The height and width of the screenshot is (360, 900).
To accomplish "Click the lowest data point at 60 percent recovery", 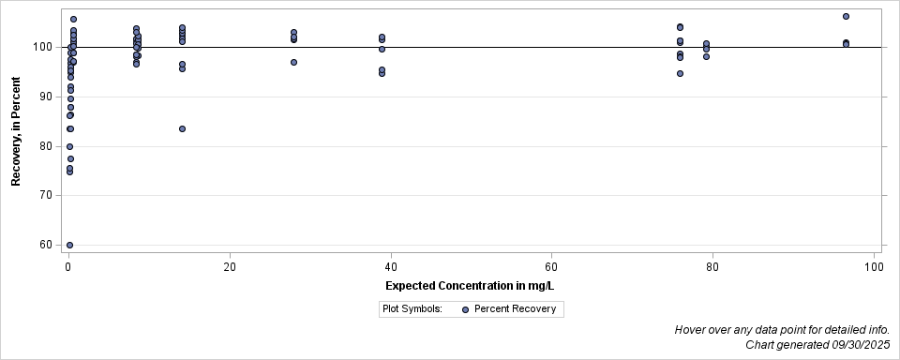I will point(69,245).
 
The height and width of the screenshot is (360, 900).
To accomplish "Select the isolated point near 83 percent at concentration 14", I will point(182,128).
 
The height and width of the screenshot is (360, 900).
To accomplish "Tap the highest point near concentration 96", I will point(846,16).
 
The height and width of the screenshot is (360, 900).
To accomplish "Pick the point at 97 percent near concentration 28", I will point(293,62).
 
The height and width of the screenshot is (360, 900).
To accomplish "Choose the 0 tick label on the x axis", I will point(68,267).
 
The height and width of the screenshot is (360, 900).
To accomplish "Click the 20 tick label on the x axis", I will point(230,267).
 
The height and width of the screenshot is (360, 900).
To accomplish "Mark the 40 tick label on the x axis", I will point(391,267).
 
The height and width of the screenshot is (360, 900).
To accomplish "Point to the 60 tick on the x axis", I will point(552,267).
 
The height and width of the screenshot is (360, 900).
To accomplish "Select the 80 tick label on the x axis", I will point(713,267).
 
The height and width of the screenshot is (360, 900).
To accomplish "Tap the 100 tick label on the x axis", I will point(874,267).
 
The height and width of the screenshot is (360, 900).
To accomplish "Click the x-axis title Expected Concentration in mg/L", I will point(472,285).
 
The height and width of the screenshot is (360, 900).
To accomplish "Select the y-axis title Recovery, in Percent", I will point(16,132).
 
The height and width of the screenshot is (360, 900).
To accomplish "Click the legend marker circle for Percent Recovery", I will point(466,309).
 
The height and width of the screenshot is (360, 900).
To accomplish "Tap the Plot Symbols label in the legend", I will point(412,309).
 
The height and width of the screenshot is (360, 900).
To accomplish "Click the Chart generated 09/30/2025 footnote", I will point(817,345).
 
